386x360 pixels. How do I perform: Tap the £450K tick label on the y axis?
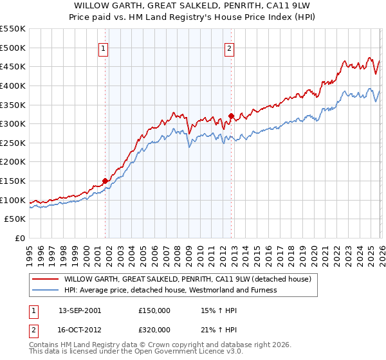click(13, 66)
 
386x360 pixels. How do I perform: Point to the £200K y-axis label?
click(13, 162)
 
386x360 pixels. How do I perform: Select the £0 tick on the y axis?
click(21, 239)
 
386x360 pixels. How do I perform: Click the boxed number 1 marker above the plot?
click(104, 47)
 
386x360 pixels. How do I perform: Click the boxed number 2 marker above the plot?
click(230, 47)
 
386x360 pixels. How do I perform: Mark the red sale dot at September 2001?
click(105, 181)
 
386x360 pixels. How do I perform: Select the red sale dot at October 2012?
click(230, 116)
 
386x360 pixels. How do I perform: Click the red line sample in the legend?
click(45, 279)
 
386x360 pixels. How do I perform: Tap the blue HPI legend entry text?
click(170, 290)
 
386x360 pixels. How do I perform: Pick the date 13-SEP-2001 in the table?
click(80, 310)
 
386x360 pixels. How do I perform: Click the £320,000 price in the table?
click(154, 329)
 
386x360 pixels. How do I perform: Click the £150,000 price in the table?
click(154, 310)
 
